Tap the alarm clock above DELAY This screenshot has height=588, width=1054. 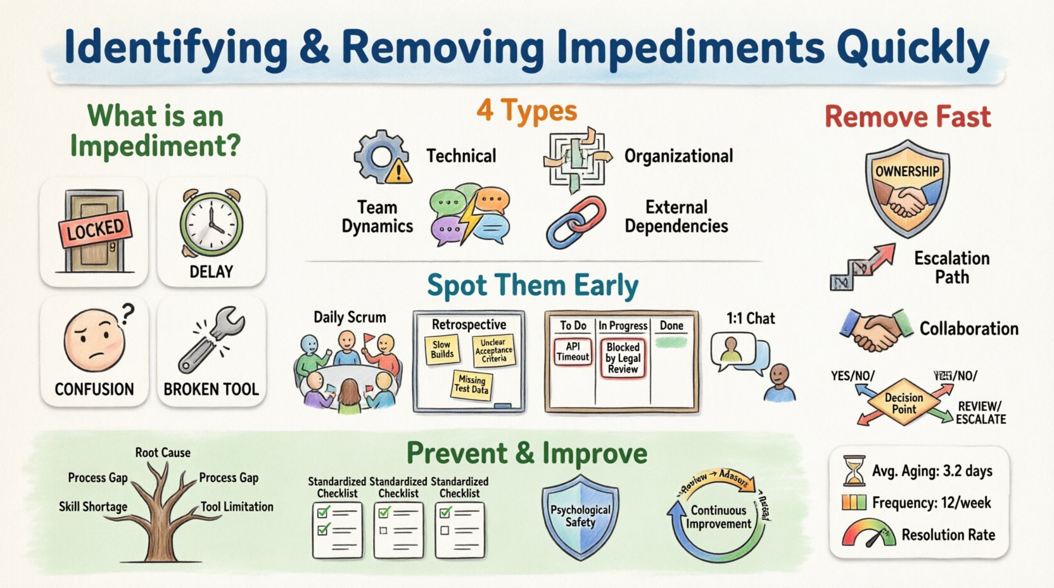pos(211,224)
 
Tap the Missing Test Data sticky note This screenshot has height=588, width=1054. pos(472,384)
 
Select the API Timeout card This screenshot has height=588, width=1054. pos(573,352)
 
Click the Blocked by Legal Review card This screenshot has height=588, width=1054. pos(623,358)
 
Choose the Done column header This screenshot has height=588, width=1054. pos(671,326)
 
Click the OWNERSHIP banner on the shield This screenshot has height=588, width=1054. pos(907,172)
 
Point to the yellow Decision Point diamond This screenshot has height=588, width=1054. pos(904,403)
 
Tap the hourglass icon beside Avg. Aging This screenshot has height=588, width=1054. pos(854,471)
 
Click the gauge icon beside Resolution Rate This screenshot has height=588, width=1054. pos(867,534)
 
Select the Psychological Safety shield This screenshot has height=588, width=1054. pos(580,516)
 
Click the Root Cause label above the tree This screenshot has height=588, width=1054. pos(163,452)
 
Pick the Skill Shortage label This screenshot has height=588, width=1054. pos(93,506)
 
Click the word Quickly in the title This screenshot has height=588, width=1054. pos(913,48)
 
